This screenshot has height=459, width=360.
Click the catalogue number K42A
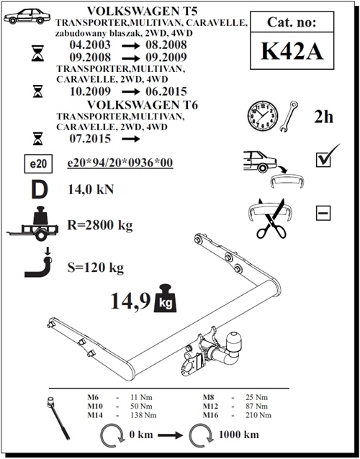point(292,51)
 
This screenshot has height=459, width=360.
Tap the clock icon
point(263,116)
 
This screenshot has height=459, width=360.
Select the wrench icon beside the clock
point(289,117)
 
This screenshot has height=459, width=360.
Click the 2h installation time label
point(324,117)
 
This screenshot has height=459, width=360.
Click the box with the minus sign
point(323,213)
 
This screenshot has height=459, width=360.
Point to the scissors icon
point(271,219)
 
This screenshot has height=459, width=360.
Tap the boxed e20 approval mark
point(38,163)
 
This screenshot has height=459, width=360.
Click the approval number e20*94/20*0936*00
point(120,163)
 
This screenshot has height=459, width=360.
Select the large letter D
point(40,189)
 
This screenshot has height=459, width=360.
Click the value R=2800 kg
point(100,225)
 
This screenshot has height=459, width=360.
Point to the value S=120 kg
point(96,268)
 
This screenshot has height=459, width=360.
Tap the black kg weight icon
point(165,298)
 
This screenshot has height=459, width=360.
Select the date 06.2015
point(166,91)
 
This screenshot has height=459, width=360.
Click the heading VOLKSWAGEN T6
point(143,105)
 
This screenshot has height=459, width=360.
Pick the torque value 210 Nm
point(258,415)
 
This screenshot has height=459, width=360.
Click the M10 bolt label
point(95,406)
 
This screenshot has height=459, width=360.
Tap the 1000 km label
point(239,435)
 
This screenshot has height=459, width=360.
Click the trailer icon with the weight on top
point(32,224)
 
